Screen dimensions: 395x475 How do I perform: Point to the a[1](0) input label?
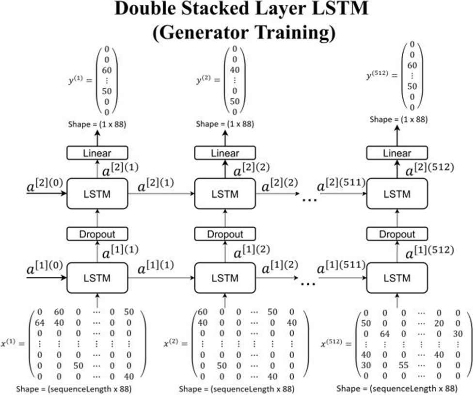click(x=45, y=268)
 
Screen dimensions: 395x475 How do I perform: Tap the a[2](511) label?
click(x=340, y=185)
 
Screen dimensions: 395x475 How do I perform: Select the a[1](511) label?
click(x=340, y=268)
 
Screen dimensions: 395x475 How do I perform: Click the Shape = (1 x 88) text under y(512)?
click(x=398, y=119)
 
